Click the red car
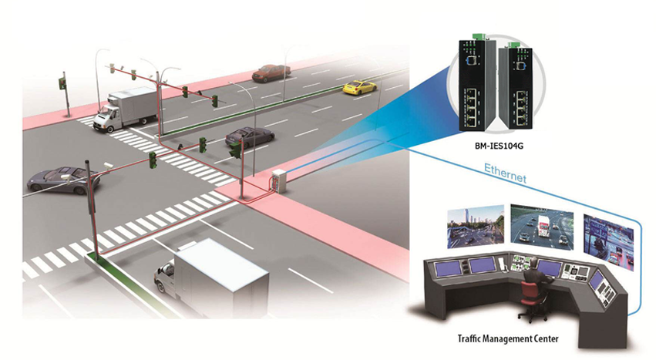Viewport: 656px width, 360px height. tap(271, 72)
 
